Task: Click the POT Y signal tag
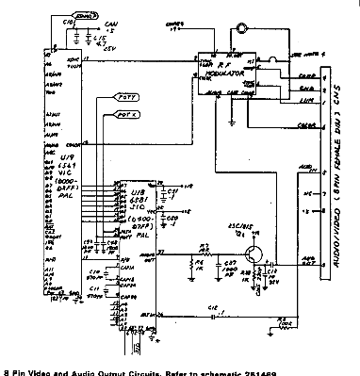126,97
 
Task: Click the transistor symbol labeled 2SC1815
250,253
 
